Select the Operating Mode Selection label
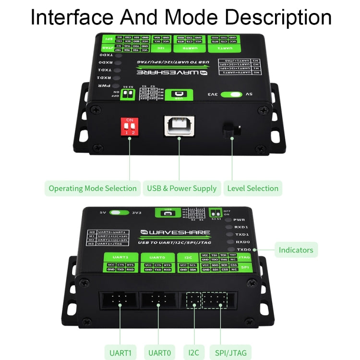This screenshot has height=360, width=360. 92,188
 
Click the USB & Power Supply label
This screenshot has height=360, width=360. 181,188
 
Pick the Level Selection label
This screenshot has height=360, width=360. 252,188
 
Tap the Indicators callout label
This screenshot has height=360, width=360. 296,250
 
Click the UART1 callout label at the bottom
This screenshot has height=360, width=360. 120,352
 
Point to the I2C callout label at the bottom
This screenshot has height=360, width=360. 193,352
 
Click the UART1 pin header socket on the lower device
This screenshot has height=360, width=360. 118,301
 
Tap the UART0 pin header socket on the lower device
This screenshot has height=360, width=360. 157,301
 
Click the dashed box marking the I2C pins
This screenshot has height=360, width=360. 193,300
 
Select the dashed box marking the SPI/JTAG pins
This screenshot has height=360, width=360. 215,300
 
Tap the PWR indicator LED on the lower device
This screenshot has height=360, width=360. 229,219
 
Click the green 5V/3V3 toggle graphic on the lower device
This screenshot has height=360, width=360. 120,212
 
